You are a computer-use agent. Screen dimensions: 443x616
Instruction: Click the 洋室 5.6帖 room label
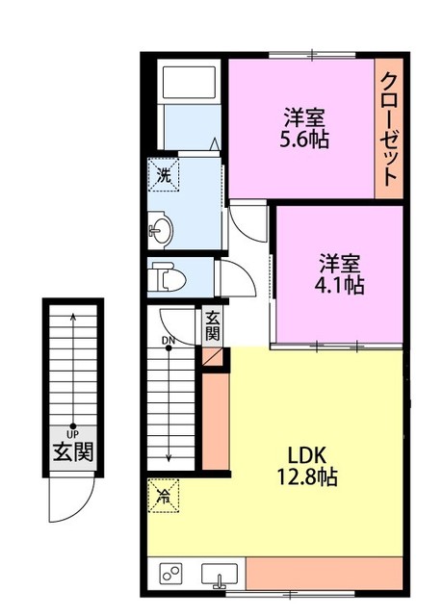pos(304,127)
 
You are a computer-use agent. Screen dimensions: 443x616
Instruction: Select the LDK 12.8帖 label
pos(307,466)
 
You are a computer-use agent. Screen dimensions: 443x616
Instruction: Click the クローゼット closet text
pos(388,129)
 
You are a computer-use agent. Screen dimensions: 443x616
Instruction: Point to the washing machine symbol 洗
pos(164,174)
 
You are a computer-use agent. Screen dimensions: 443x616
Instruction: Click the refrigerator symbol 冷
pos(164,496)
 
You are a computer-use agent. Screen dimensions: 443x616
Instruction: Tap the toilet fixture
pos(168,276)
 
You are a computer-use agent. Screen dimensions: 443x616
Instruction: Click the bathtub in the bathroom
pos(189,83)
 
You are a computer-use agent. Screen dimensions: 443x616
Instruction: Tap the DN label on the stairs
pos(169,341)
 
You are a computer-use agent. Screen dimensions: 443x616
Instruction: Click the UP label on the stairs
pos(73,434)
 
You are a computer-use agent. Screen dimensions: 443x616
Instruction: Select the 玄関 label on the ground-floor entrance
pos(73,452)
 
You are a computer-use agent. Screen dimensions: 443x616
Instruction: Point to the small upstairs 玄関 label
pos(212,325)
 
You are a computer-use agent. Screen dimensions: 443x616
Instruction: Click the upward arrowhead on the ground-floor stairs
pos(73,316)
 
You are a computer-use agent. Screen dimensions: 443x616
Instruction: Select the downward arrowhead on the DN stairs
pos(169,457)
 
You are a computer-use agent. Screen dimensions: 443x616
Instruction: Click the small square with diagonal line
pos(212,357)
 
